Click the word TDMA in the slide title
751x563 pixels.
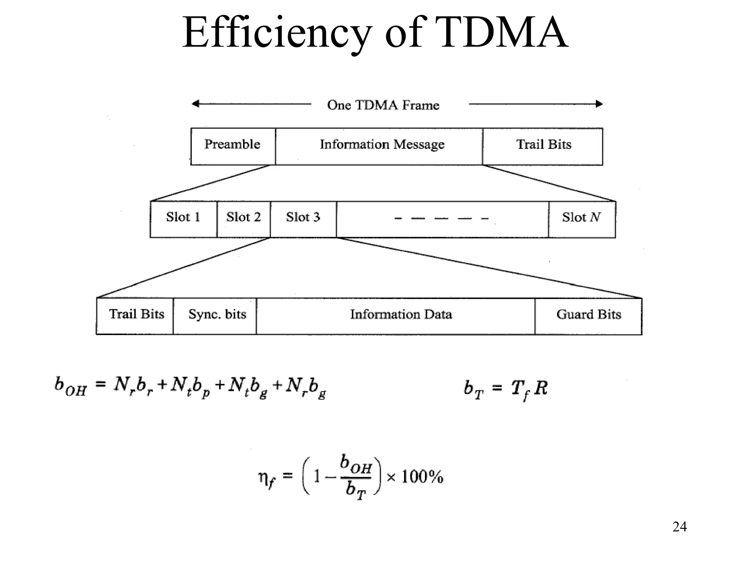pyautogui.click(x=502, y=33)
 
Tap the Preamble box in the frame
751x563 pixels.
pyautogui.click(x=233, y=146)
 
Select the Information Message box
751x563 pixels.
pyautogui.click(x=379, y=146)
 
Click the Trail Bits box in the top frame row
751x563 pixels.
pyautogui.click(x=543, y=146)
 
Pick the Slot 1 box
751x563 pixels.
pyautogui.click(x=183, y=219)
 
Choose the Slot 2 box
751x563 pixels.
pyautogui.click(x=243, y=219)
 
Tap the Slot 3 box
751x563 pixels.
pyautogui.click(x=303, y=219)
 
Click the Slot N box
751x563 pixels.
pyautogui.click(x=582, y=219)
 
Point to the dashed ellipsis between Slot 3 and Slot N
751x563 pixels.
pyautogui.click(x=442, y=219)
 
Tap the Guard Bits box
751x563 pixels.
pyautogui.click(x=588, y=316)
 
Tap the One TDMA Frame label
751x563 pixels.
pyautogui.click(x=383, y=105)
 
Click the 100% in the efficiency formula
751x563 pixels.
pyautogui.click(x=422, y=477)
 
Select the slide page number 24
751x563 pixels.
pyautogui.click(x=679, y=527)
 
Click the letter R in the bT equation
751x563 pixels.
pyautogui.click(x=541, y=388)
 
